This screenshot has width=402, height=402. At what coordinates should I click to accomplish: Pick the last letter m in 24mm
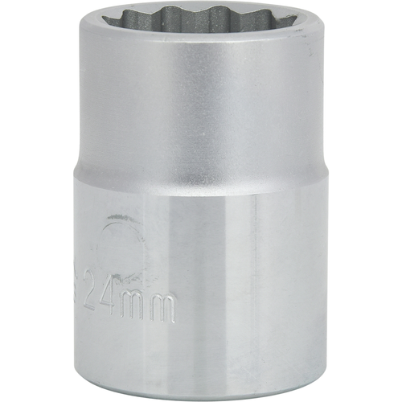coord(162,307)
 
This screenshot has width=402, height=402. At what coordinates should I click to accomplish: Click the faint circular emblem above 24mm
coord(122,249)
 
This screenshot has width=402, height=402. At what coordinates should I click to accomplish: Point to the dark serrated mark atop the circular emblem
coord(122,216)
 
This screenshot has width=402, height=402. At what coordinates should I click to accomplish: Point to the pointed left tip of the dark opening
coord(102,18)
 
